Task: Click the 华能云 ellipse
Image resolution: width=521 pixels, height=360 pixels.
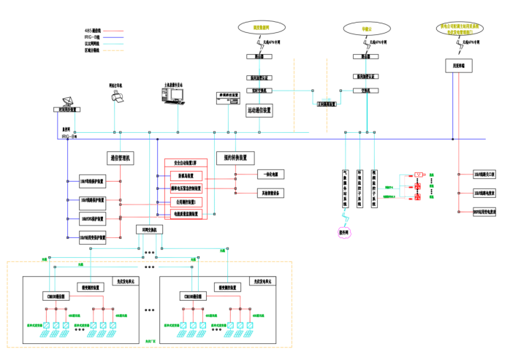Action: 365,28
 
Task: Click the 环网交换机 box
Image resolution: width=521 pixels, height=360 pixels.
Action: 151,229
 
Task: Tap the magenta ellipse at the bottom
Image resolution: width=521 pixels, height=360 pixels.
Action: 344,233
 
